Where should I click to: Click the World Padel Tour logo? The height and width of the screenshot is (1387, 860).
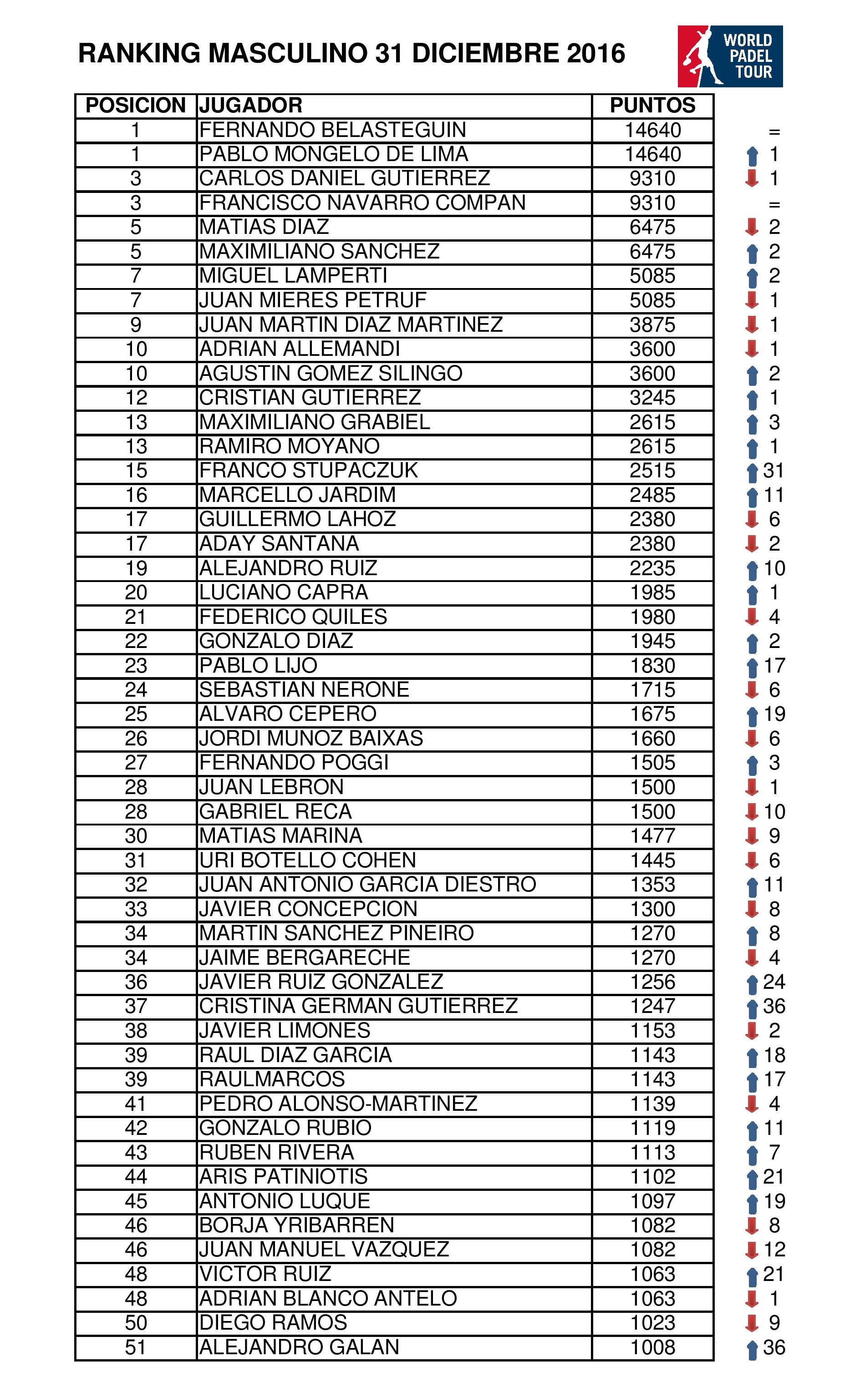pyautogui.click(x=730, y=56)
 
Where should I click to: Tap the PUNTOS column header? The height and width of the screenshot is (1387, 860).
pyautogui.click(x=652, y=106)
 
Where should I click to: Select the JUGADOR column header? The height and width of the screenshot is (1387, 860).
pyautogui.click(x=250, y=106)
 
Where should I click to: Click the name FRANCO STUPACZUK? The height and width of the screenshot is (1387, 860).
pyautogui.click(x=308, y=471)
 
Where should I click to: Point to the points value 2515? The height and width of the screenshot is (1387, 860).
pyautogui.click(x=652, y=471)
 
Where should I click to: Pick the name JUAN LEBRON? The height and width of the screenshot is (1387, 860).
pyautogui.click(x=271, y=787)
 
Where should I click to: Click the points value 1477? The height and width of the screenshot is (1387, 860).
pyautogui.click(x=652, y=836)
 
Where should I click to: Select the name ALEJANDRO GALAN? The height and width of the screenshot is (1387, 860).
pyautogui.click(x=299, y=1347)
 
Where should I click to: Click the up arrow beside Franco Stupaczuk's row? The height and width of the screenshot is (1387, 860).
pyautogui.click(x=752, y=472)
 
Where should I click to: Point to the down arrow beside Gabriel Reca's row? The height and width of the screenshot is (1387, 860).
pyautogui.click(x=752, y=812)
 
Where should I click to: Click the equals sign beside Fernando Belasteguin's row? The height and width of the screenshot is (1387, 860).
pyautogui.click(x=773, y=132)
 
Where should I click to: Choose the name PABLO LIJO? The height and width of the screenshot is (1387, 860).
pyautogui.click(x=258, y=666)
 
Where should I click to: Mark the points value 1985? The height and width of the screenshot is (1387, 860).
pyautogui.click(x=652, y=593)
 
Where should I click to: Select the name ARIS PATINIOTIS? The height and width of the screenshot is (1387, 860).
pyautogui.click(x=283, y=1177)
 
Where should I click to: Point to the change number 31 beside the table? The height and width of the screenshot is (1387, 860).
pyautogui.click(x=773, y=471)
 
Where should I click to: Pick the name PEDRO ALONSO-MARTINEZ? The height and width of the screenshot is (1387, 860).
pyautogui.click(x=338, y=1104)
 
